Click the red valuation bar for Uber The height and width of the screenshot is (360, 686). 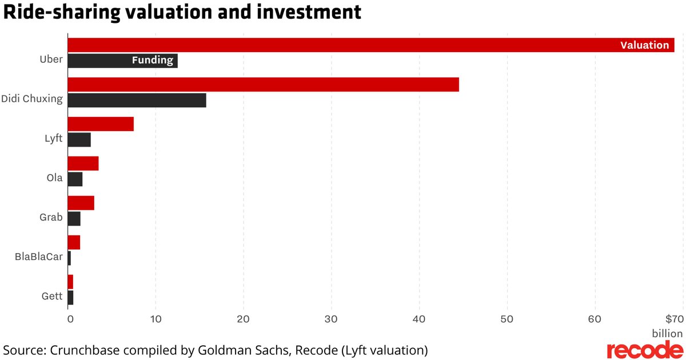click(343, 45)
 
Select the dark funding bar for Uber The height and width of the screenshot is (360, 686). click(97, 61)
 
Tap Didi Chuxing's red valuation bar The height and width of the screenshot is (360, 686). click(263, 85)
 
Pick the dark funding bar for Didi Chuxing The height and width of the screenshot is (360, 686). click(137, 100)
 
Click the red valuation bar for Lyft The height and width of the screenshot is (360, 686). click(101, 124)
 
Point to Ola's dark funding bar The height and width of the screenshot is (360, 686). click(75, 179)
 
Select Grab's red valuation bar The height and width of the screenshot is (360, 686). click(81, 203)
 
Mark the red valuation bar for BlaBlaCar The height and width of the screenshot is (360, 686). click(74, 242)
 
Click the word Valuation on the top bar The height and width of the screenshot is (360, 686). click(644, 45)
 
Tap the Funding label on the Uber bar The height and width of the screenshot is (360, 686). click(152, 61)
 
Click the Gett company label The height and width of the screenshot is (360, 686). click(52, 297)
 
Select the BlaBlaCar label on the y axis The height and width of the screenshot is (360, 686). click(38, 257)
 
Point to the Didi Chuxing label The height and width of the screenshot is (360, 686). click(31, 99)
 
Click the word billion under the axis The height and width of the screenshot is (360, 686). click(667, 333)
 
